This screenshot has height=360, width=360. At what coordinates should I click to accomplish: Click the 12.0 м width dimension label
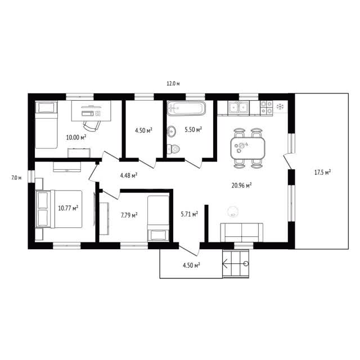[x=173, y=84]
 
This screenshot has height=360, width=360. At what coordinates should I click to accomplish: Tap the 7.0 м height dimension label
[x=16, y=178]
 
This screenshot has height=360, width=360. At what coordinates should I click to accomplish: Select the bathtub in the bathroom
[x=186, y=108]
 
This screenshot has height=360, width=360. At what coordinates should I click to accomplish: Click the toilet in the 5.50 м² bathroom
[x=173, y=149]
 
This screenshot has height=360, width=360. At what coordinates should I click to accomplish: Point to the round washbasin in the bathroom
[x=171, y=131]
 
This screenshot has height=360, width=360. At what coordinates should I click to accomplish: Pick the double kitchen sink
[x=238, y=107]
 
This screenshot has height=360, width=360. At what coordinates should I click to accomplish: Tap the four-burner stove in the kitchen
[x=266, y=107]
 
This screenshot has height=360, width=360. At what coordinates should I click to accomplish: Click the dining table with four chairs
[x=247, y=148]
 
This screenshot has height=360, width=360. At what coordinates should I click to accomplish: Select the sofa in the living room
[x=242, y=232]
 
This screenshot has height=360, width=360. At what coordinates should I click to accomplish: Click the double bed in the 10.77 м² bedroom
[x=59, y=209]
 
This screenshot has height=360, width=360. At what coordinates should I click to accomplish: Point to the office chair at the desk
[x=92, y=126]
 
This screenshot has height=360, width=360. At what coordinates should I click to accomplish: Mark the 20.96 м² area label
[x=241, y=185]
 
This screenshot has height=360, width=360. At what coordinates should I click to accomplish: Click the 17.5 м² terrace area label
[x=322, y=172]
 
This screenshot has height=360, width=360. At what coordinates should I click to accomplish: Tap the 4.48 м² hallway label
[x=129, y=175]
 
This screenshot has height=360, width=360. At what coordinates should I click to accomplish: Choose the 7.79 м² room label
[x=129, y=215]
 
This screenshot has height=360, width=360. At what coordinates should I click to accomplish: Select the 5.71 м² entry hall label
[x=190, y=214]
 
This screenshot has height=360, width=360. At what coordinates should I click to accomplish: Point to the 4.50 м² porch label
[x=191, y=265]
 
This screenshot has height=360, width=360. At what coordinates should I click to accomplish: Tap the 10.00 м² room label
[x=76, y=137]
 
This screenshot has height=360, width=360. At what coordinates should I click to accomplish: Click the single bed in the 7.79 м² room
[x=159, y=218]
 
